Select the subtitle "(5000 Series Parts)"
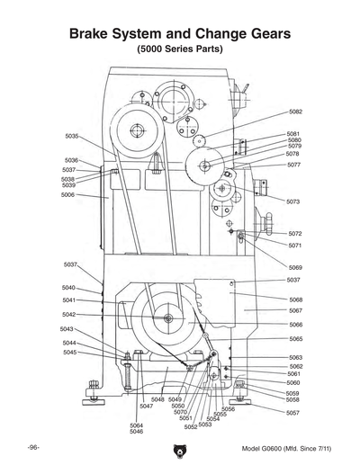pyautogui.click(x=179, y=50)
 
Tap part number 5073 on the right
pyautogui.click(x=294, y=201)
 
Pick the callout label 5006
pyautogui.click(x=67, y=194)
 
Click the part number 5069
pyautogui.click(x=295, y=267)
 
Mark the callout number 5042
pyautogui.click(x=68, y=315)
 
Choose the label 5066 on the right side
pyautogui.click(x=295, y=324)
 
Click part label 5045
pyautogui.click(x=68, y=353)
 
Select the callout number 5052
pyautogui.click(x=191, y=427)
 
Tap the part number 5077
pyautogui.click(x=294, y=165)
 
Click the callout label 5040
pyautogui.click(x=68, y=288)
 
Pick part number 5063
pyautogui.click(x=295, y=357)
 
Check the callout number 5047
pyautogui.click(x=146, y=407)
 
